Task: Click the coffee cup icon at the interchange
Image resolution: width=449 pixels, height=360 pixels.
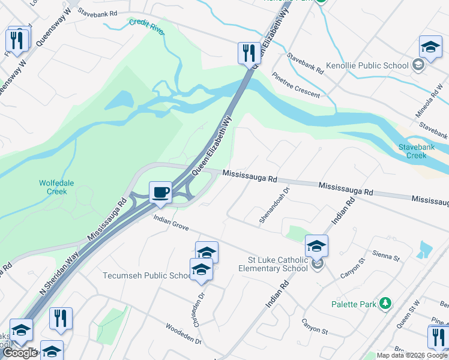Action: [x=160, y=192]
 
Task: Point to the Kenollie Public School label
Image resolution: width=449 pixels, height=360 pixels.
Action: [x=366, y=65]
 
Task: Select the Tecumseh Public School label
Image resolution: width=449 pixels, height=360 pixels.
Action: [x=147, y=275]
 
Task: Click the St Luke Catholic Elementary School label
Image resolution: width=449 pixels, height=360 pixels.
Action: [x=277, y=264]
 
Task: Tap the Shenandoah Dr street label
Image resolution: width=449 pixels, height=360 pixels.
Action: [x=274, y=205]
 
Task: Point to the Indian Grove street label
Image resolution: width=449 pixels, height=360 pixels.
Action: [x=171, y=224]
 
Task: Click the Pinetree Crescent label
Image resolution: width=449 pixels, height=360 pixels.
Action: [x=295, y=85]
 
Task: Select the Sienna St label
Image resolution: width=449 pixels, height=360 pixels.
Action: [x=386, y=257]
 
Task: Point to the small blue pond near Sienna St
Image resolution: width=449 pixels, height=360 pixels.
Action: [x=426, y=248]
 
